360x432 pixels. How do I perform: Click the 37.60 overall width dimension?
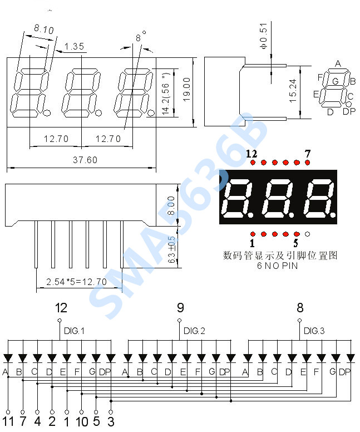85,160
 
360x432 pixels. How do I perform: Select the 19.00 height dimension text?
186,89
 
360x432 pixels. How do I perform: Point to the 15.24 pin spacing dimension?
293,91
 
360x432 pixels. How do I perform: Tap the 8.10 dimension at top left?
44,29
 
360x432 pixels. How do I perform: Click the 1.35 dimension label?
74,46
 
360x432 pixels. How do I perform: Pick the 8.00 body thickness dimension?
171,205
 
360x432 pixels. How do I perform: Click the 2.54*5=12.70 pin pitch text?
76,282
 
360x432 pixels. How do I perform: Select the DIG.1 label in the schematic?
74,331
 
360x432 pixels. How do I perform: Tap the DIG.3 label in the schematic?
314,331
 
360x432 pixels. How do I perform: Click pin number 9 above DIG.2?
180,307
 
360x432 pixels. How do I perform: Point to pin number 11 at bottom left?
8,421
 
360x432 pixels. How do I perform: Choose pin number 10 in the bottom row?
82,421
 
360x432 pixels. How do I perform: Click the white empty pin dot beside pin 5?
307,234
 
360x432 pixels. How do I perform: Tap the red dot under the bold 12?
253,163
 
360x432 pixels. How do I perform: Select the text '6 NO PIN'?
277,266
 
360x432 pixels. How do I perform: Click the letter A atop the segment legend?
338,63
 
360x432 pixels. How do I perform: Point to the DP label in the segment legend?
349,111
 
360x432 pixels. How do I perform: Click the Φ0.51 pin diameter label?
264,36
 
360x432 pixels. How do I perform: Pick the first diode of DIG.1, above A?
8,359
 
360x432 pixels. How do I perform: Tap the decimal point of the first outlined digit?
47,112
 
